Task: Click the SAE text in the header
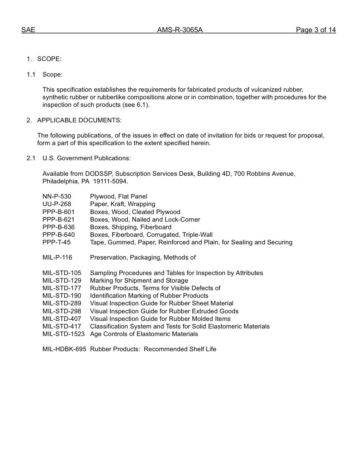28,30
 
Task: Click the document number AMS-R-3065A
180,30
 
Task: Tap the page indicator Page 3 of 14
316,30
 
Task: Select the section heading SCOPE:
49,59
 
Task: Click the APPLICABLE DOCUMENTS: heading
79,120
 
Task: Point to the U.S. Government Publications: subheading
86,158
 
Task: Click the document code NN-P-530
57,196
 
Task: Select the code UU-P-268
57,204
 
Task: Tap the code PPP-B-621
58,219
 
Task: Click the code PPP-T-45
56,242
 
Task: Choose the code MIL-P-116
57,258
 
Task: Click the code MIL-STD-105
62,273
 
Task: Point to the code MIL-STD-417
62,326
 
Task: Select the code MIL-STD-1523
63,334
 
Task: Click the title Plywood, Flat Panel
119,196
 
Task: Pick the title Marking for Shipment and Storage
139,280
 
